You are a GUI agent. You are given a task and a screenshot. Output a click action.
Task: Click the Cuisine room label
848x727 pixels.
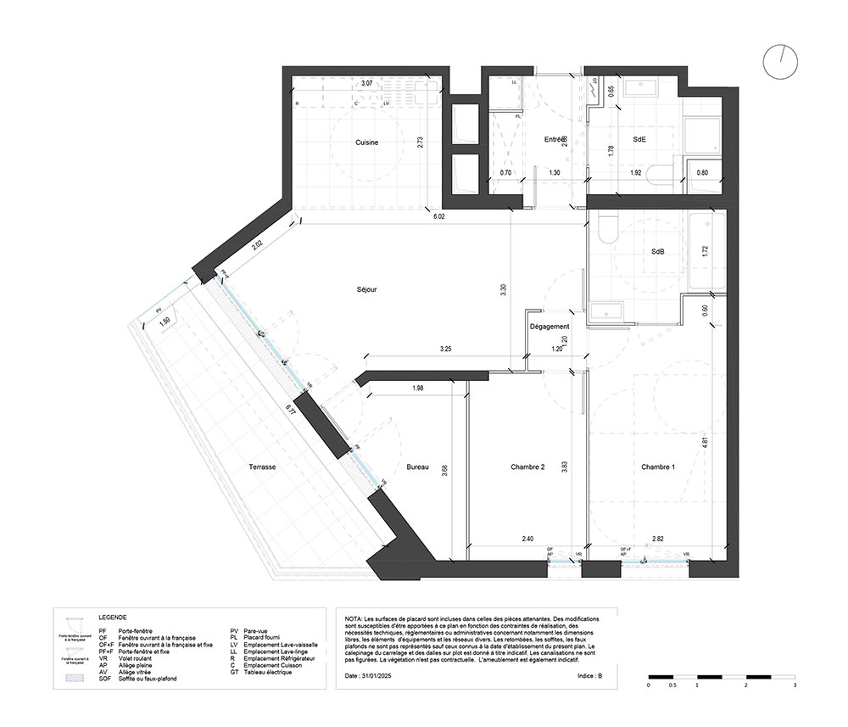[366, 143]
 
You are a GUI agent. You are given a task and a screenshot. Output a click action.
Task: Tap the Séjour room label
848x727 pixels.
[366, 289]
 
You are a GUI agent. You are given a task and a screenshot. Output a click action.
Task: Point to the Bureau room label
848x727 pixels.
[417, 467]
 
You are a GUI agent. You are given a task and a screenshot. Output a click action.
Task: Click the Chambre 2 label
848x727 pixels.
[527, 467]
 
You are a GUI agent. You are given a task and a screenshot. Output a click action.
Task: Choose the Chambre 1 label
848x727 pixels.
[657, 467]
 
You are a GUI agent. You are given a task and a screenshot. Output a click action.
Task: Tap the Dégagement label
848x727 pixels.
[549, 327]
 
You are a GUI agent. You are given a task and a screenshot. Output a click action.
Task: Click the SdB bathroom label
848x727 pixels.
[657, 253]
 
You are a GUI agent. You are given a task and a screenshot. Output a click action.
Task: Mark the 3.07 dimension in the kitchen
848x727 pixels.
[366, 84]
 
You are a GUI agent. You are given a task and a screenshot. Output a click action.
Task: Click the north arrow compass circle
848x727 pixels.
[780, 61]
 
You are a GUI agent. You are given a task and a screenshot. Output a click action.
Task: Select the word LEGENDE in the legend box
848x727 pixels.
[113, 618]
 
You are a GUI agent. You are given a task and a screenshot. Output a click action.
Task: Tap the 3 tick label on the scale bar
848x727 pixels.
[794, 685]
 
